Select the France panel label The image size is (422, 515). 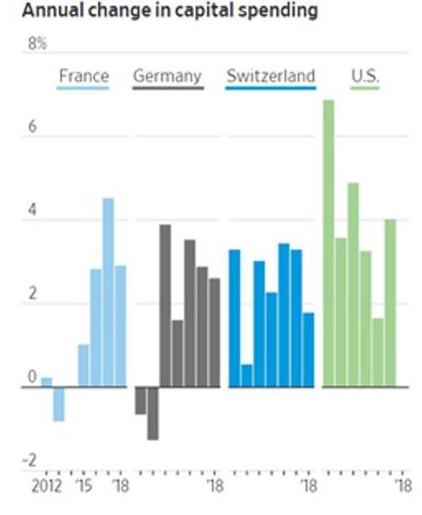83,76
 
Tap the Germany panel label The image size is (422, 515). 167,76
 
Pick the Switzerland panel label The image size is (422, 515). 271,76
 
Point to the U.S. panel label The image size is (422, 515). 365,76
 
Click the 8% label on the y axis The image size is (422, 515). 37,44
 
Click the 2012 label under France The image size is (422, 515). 46,486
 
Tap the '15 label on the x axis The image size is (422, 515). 84,486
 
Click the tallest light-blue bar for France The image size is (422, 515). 108,293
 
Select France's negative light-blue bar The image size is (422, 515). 59,404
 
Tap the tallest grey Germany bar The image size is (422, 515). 165,305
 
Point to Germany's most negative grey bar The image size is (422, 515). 152,413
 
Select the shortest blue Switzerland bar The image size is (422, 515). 246,376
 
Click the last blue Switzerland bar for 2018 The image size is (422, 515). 308,350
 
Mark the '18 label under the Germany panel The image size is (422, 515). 215,486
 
